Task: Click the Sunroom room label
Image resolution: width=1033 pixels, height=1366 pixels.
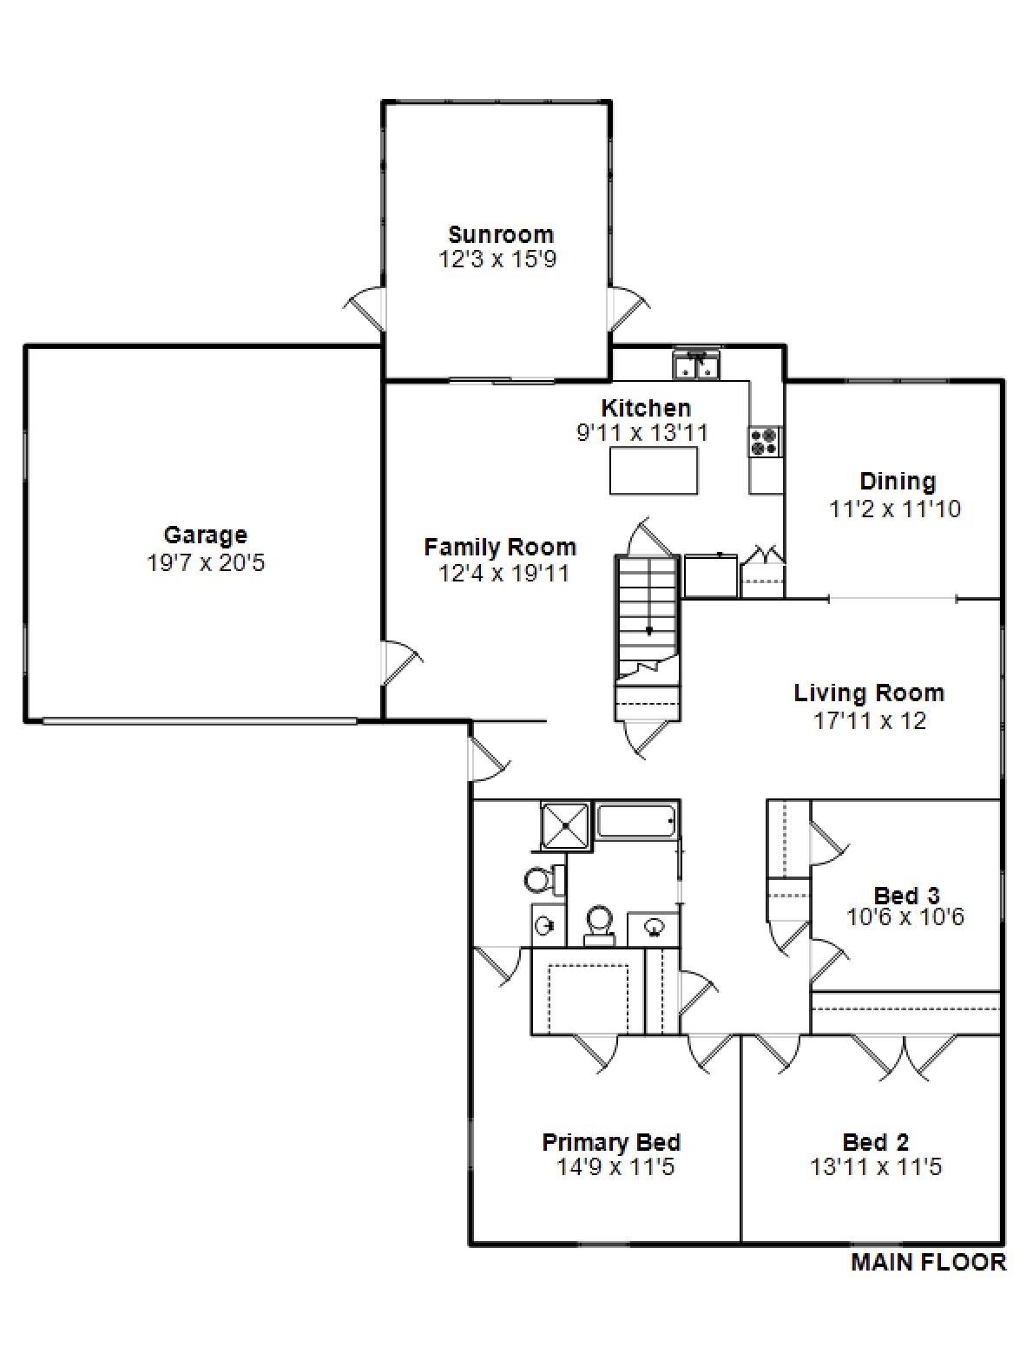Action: tap(501, 234)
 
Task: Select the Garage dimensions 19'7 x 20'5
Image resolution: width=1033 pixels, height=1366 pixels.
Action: tap(206, 563)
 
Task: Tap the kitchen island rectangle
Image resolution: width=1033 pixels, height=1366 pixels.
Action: tap(654, 470)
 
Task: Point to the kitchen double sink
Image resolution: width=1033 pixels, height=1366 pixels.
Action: tap(697, 365)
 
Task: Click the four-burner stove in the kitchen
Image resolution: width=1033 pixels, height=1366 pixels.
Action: tap(765, 441)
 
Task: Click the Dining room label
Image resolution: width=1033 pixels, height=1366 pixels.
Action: tap(898, 481)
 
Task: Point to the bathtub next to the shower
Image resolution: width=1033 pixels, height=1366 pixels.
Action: tap(637, 820)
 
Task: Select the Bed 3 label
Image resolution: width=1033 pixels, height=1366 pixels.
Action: tap(906, 895)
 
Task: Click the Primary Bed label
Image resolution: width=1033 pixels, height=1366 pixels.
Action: tap(611, 1142)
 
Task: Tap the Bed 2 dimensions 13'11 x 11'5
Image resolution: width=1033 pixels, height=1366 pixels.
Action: tap(876, 1167)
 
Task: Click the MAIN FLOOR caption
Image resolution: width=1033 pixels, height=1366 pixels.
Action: tap(928, 1262)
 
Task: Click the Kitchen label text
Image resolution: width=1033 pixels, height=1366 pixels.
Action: tap(646, 408)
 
